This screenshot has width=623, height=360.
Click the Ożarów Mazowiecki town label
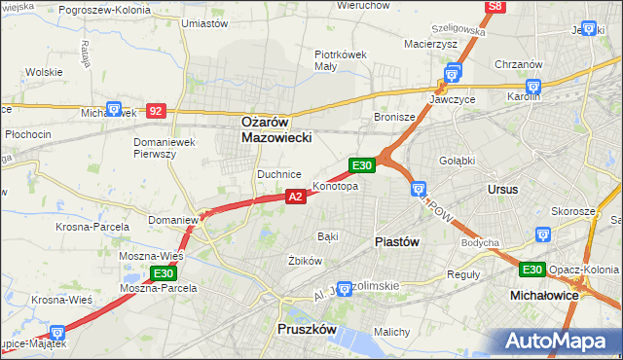pyautogui.click(x=276, y=130)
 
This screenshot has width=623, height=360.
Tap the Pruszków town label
pyautogui.click(x=307, y=330)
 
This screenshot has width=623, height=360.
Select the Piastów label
pyautogui.click(x=397, y=241)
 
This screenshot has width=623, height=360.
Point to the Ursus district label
pyautogui.click(x=503, y=189)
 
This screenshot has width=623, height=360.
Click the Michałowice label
pyautogui.click(x=546, y=293)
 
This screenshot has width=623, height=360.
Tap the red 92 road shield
pyautogui.click(x=156, y=111)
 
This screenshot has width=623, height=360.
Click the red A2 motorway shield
pyautogui.click(x=297, y=197)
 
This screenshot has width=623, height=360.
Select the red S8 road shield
pyautogui.click(x=495, y=7)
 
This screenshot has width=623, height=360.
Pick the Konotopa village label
pyautogui.click(x=335, y=186)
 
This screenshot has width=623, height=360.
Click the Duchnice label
pyautogui.click(x=277, y=174)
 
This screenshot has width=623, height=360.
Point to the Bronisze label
pyautogui.click(x=395, y=117)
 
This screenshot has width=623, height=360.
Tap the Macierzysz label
pyautogui.click(x=430, y=43)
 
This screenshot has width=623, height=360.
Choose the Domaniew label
pyautogui.click(x=173, y=220)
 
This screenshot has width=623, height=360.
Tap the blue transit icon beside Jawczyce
pyautogui.click(x=452, y=73)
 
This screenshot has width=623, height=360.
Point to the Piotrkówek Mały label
pyautogui.click(x=340, y=60)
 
